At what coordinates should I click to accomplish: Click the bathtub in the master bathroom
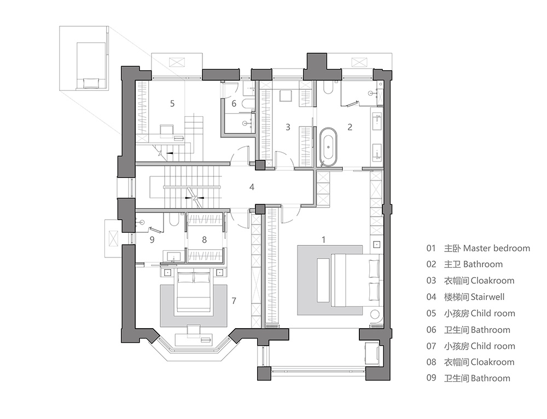(329, 146)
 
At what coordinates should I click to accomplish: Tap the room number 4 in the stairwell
(252, 187)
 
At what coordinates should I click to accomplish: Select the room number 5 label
(172, 104)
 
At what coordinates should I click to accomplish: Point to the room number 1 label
(323, 239)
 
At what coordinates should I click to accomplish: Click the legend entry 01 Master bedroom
(478, 248)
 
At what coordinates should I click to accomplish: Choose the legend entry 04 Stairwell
(465, 297)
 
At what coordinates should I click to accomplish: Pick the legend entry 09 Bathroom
(468, 378)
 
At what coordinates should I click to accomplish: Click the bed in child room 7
(194, 292)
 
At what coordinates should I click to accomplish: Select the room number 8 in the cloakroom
(205, 239)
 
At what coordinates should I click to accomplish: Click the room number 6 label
(234, 104)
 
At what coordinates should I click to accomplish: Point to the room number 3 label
(288, 127)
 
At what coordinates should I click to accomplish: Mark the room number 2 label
(350, 127)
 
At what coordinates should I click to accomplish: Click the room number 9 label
(152, 239)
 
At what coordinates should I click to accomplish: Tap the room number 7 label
(234, 300)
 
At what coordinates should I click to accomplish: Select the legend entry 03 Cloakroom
(470, 281)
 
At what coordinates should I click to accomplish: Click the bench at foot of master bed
(323, 280)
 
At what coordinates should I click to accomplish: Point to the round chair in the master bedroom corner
(376, 316)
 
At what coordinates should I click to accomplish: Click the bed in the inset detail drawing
(91, 66)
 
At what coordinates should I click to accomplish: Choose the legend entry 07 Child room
(470, 346)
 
